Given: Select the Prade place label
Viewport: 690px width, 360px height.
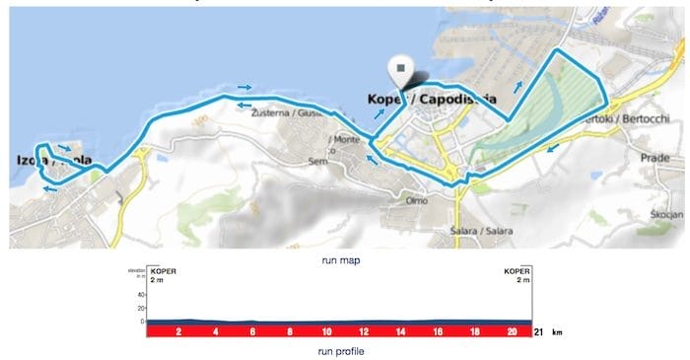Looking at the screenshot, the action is click(655, 158).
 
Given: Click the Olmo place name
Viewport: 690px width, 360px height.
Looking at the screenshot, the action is click(416, 199).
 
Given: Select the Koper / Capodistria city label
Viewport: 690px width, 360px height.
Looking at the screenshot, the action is click(431, 100).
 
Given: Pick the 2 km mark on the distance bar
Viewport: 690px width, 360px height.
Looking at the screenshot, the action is click(178, 332).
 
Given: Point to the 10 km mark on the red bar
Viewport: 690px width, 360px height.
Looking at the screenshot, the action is click(326, 332).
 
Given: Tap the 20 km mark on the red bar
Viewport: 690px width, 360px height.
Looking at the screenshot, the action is click(512, 332).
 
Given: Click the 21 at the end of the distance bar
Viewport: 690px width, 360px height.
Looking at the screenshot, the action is click(538, 332).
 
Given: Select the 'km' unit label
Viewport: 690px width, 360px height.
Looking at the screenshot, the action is click(558, 333).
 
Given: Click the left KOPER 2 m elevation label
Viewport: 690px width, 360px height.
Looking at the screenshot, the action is click(162, 275).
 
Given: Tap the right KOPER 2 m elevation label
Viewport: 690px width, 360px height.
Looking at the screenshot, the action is click(517, 275).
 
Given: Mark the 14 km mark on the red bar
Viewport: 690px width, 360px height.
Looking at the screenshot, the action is click(400, 332).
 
